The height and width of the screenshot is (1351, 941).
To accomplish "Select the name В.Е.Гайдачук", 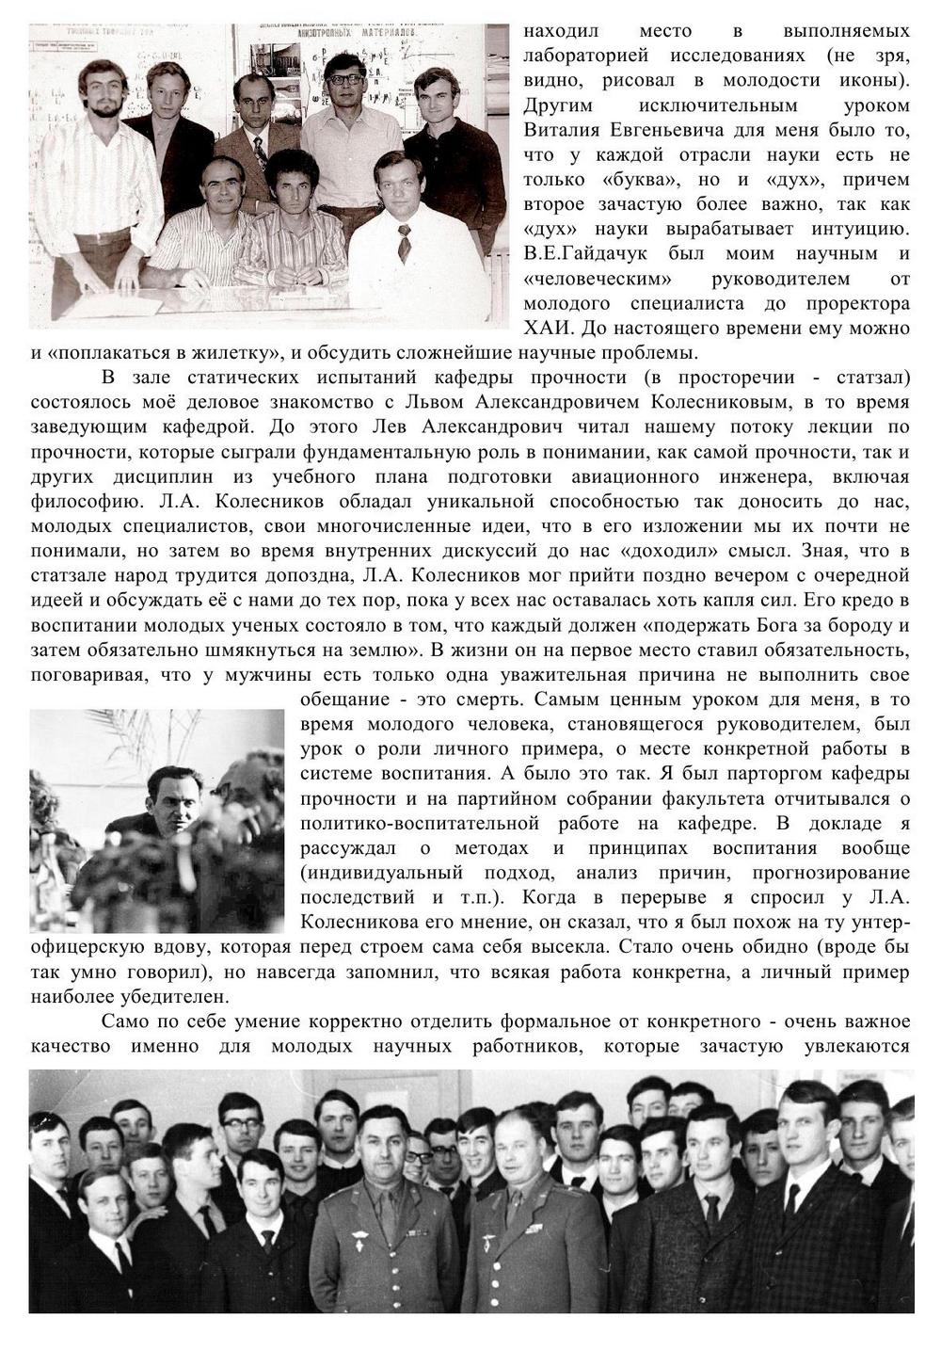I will coord(576,253).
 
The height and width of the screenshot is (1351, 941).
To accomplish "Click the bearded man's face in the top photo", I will coord(101,89).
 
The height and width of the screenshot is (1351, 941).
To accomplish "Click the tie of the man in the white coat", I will coord(405,242).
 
